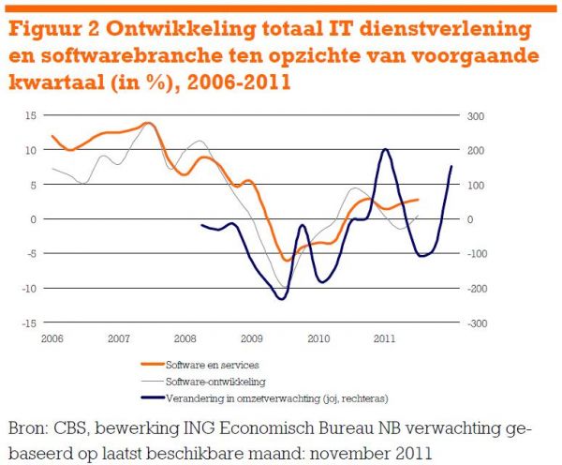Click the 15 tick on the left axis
[x=30, y=115]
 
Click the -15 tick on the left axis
[x=28, y=322]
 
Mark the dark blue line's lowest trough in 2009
[x=280, y=299]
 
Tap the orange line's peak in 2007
[x=148, y=123]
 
